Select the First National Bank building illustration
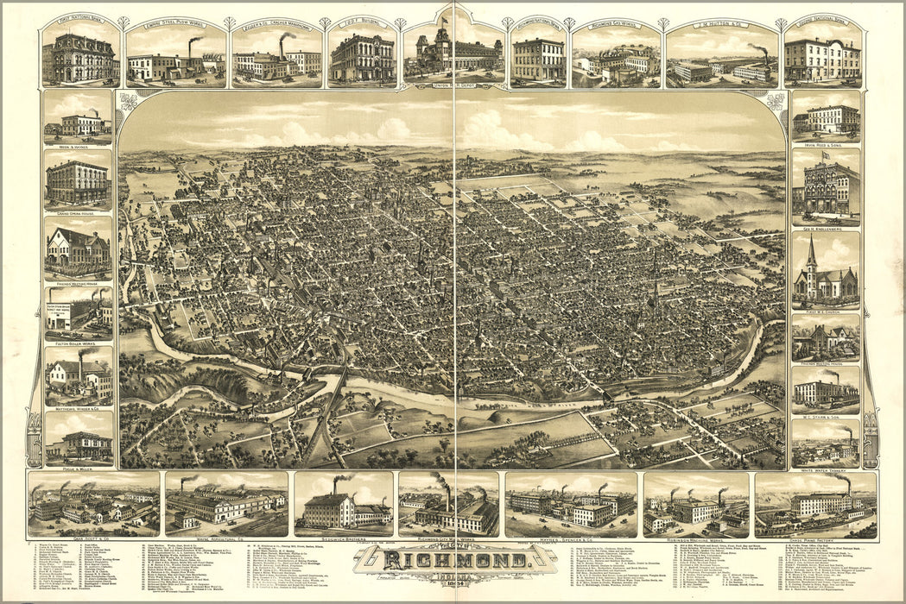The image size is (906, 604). pyautogui.click(x=79, y=59)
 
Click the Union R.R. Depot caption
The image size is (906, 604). pyautogui.click(x=453, y=86)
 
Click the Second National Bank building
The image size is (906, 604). pyautogui.click(x=822, y=60)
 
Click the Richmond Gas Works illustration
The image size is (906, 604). pyautogui.click(x=615, y=60)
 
